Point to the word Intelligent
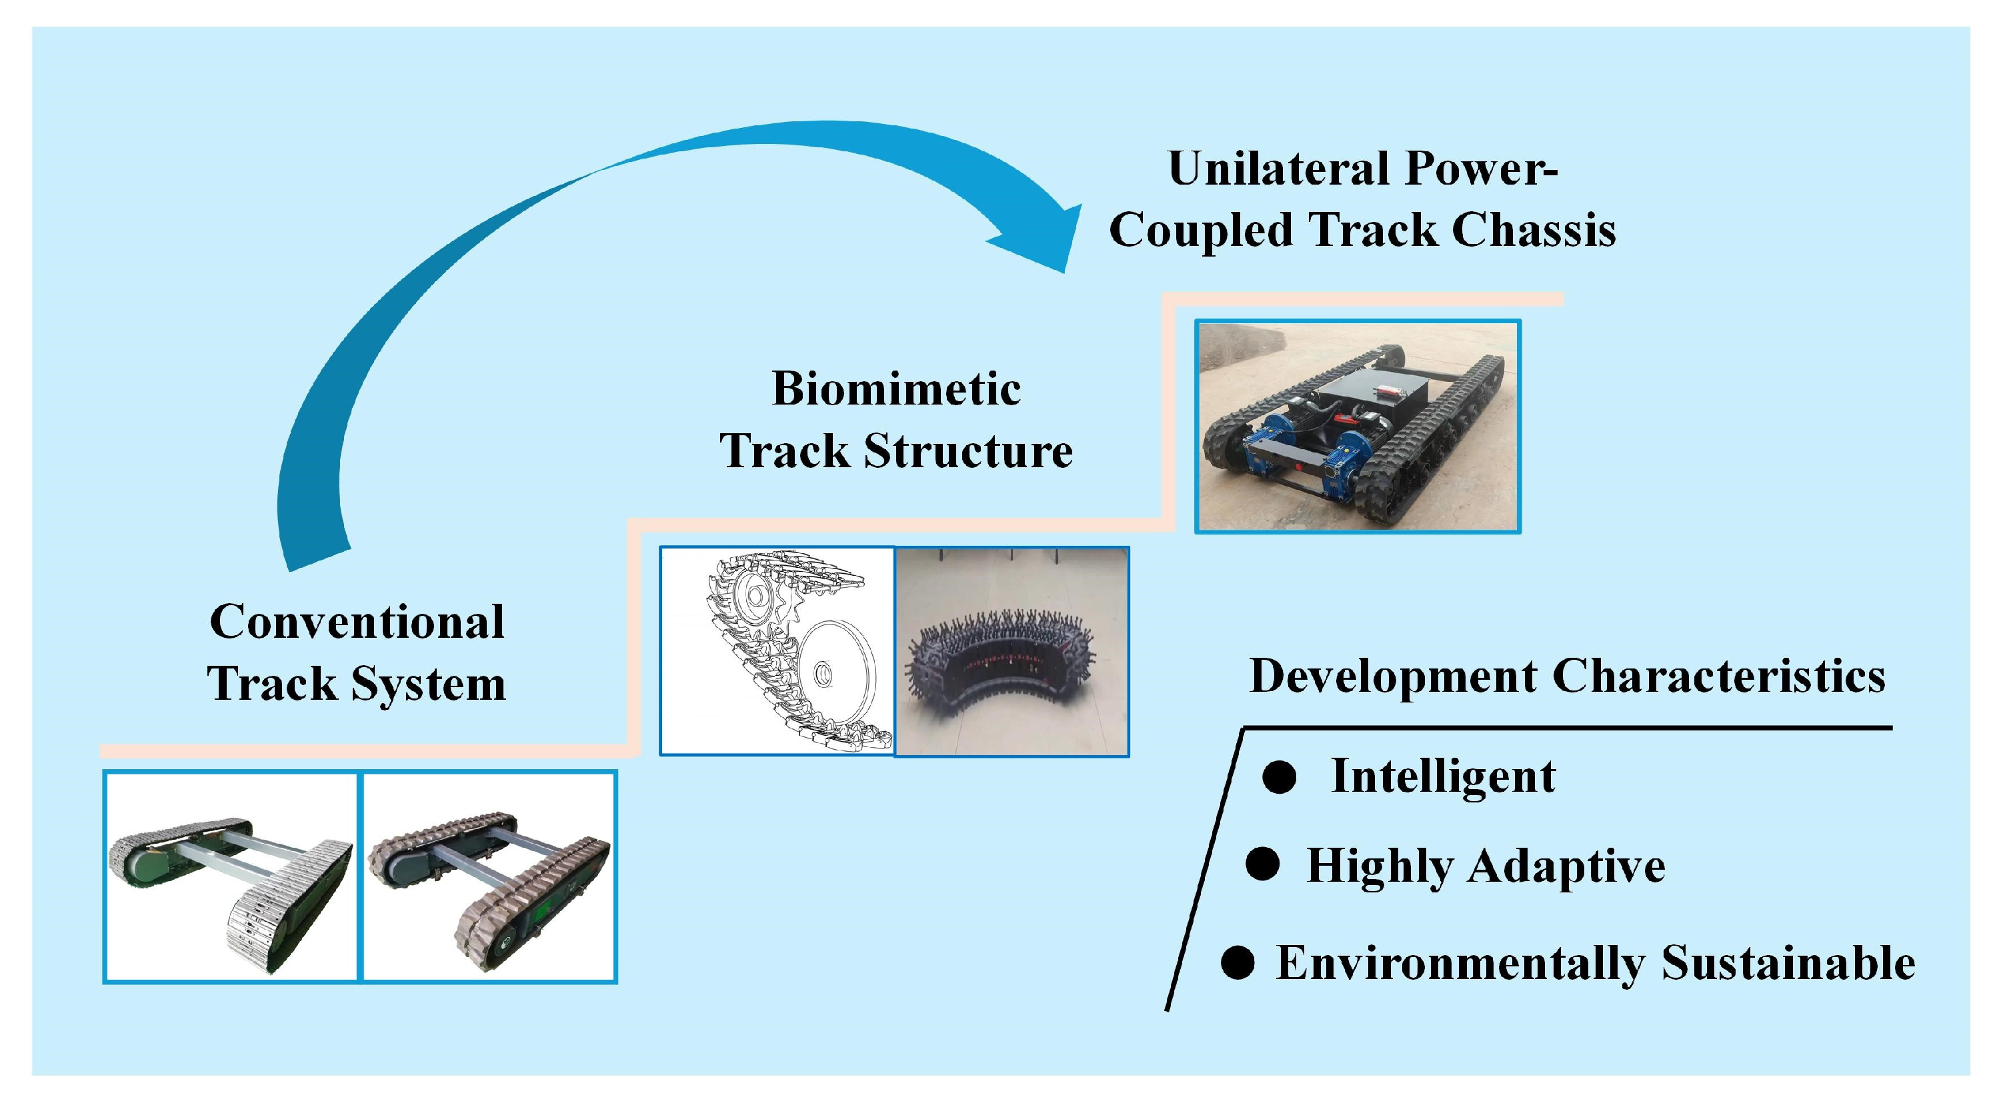click(x=1444, y=776)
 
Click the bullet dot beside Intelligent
click(x=1280, y=776)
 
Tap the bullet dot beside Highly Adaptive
click(x=1262, y=864)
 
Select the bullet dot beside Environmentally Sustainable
click(x=1238, y=962)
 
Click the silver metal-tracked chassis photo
click(x=231, y=878)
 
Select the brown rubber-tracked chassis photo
click(x=489, y=878)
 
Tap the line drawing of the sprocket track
click(x=777, y=651)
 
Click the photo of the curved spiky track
click(x=1012, y=651)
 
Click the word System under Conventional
click(x=428, y=684)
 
